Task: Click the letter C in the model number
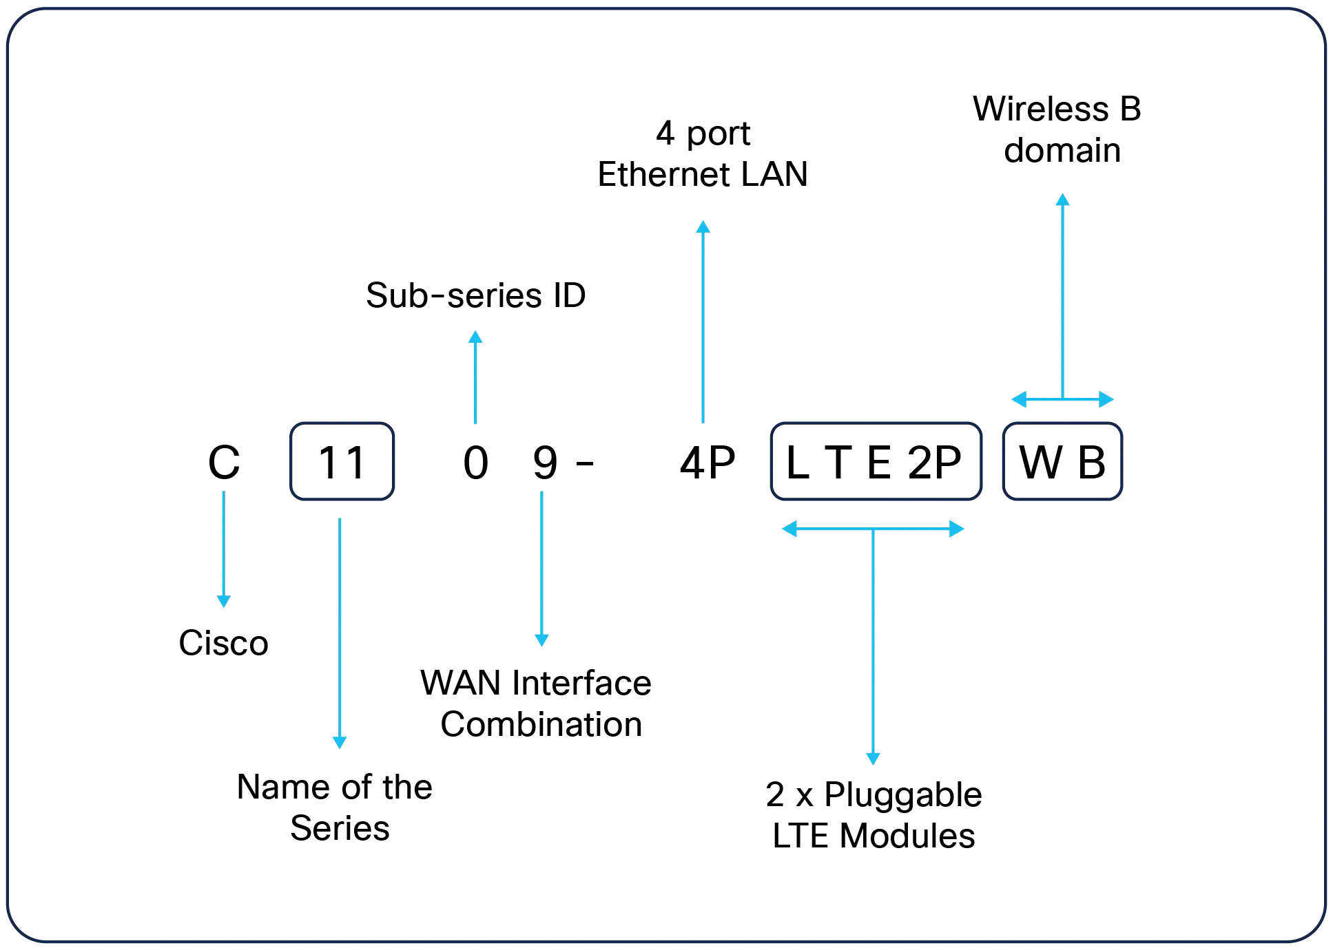click(225, 462)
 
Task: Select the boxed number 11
click(342, 461)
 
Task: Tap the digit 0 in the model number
click(476, 463)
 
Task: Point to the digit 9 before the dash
click(546, 463)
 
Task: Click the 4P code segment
click(707, 463)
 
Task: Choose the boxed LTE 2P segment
click(876, 461)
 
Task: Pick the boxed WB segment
click(1063, 461)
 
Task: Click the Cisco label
click(224, 643)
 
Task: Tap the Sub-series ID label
click(476, 295)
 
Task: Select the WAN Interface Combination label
click(537, 704)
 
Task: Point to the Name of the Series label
click(335, 807)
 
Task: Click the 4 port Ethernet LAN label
click(703, 154)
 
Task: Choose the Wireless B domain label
click(1057, 129)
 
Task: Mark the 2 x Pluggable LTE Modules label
click(874, 815)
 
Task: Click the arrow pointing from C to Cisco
click(224, 549)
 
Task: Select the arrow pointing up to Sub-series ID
click(475, 377)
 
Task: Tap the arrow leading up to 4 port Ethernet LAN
click(703, 321)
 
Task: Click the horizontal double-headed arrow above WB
click(1063, 399)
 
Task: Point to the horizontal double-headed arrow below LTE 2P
click(873, 529)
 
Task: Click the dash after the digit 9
click(585, 464)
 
